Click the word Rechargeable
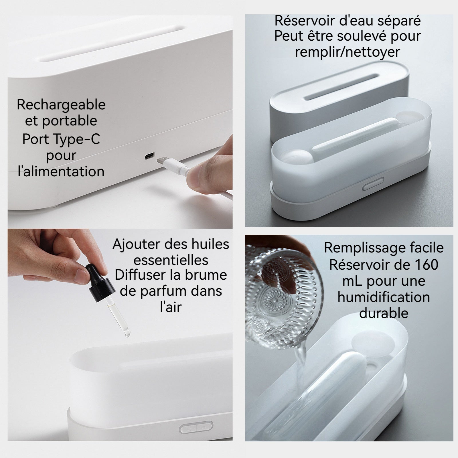pos(61,105)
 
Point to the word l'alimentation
pos(61,172)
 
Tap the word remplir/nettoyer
pos(348,52)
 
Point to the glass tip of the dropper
pos(127,332)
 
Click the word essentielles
pos(171,260)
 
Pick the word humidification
pos(384,297)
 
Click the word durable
pos(384,313)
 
